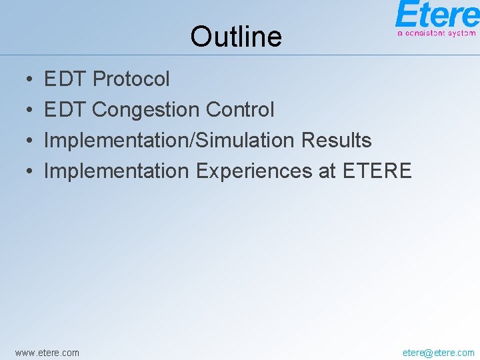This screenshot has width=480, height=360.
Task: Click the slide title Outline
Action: (235, 37)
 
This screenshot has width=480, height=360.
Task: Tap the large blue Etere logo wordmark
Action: (437, 15)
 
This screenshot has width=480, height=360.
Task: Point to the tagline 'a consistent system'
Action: (437, 33)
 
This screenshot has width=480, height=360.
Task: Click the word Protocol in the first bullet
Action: (131, 79)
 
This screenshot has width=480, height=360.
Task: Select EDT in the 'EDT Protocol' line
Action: (65, 79)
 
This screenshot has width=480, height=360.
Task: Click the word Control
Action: (240, 110)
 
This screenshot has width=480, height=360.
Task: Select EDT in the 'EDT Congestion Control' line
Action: (65, 110)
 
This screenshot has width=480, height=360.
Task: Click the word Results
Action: (336, 141)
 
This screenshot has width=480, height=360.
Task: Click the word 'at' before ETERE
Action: (327, 171)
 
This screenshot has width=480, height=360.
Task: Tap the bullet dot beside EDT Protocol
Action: (31, 80)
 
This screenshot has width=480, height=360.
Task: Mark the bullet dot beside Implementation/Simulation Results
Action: (31, 141)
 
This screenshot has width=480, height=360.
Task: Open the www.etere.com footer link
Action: (47, 352)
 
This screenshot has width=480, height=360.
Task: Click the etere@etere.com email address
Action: (438, 352)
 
